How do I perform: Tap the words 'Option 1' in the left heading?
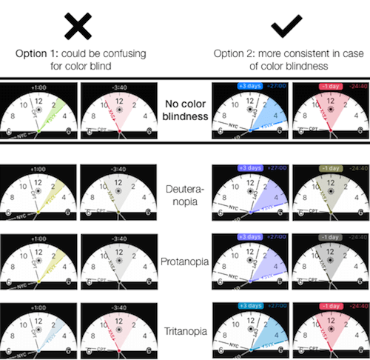38,54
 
